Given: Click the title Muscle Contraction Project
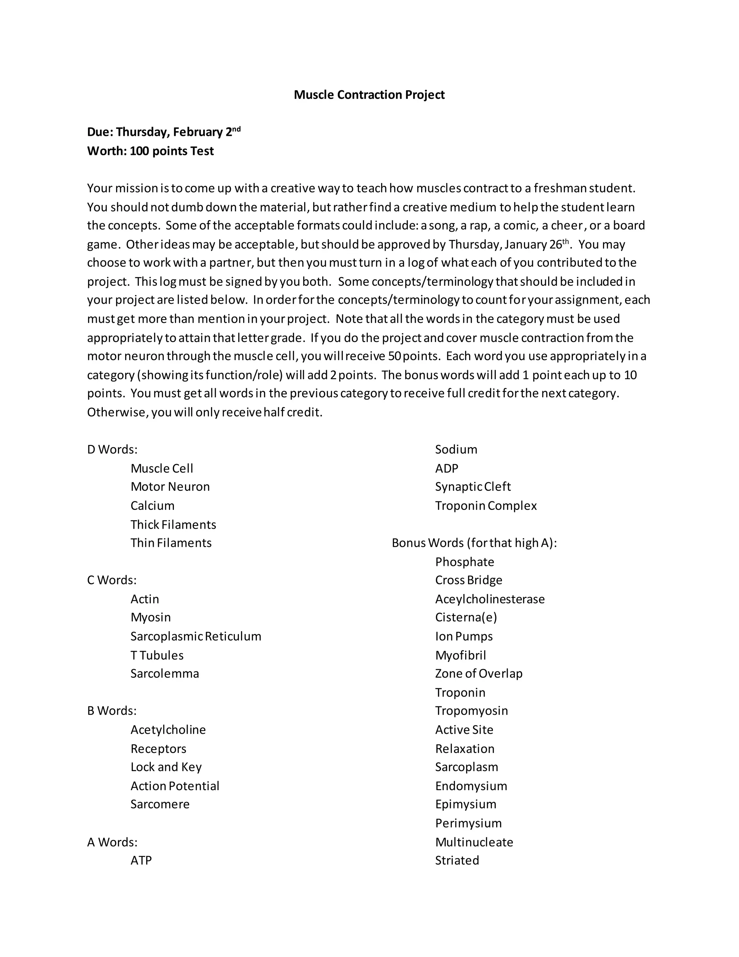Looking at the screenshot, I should coord(369,95).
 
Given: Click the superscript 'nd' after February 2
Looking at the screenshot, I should coord(236,129).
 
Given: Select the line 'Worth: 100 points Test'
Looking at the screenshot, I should coord(150,151).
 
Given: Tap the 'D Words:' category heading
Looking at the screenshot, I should coord(112,450).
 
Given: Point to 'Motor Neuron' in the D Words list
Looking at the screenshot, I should coord(170,487).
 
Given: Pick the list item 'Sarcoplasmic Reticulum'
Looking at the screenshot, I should coord(196,636).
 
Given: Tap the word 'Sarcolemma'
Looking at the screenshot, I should coord(165,674).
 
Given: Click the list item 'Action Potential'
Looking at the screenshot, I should coord(175,786).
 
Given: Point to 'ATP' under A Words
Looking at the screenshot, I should coord(141,861).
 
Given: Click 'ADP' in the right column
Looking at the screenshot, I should coord(447,468).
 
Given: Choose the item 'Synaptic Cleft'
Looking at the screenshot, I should coord(473,487).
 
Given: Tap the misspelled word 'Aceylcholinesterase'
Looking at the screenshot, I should coord(490,599).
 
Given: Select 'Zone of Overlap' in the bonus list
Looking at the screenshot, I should coord(478,674).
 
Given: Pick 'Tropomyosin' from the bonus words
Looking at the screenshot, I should coord(472,711).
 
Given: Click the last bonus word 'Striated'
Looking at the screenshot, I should coord(457,861).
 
